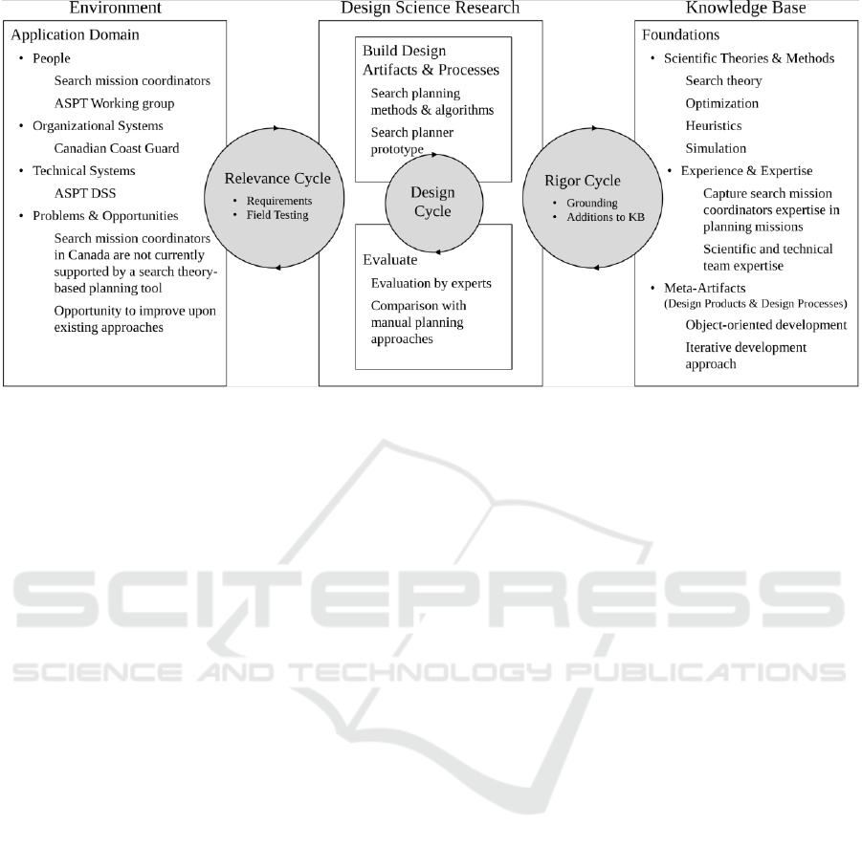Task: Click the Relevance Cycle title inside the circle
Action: point(277,179)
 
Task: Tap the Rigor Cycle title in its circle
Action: point(583,181)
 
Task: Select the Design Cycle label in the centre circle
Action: point(433,202)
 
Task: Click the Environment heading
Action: point(116,8)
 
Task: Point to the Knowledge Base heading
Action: point(746,8)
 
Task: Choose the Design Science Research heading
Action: point(430,8)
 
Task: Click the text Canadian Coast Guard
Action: point(117,148)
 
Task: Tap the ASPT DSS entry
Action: point(85,193)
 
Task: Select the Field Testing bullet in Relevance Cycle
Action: point(277,215)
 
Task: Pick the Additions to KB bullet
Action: point(606,217)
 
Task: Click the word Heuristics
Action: point(714,126)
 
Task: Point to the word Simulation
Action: point(716,148)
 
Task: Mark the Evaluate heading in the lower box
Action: point(389,260)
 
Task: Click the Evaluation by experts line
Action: point(431,283)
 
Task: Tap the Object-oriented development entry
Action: point(766,325)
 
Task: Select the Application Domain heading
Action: point(75,34)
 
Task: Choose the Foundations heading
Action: point(680,34)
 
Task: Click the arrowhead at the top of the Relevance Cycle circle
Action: point(276,128)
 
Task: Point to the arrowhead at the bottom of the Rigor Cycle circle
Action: point(595,268)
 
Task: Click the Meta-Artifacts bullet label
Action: point(705,288)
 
